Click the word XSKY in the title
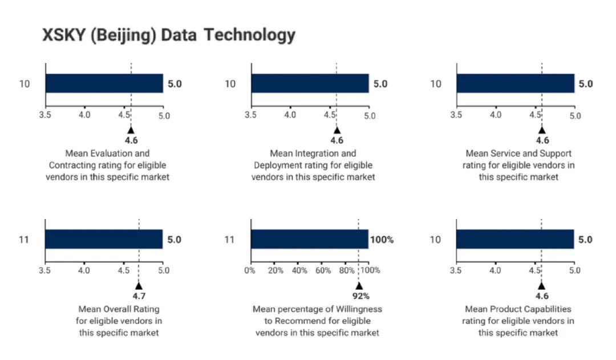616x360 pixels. pos(64,35)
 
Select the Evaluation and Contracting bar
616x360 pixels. pos(104,83)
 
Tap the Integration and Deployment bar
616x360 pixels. pos(310,83)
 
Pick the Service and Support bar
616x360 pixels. pos(516,83)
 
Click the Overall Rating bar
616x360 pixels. pos(104,239)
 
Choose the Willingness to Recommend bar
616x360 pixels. pos(310,239)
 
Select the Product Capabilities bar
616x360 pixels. pos(515,239)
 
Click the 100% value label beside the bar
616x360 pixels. pos(382,240)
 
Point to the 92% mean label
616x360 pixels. pos(360,296)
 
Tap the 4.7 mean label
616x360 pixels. pos(139,296)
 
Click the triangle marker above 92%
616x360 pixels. pos(359,286)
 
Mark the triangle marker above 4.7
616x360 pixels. pos(139,286)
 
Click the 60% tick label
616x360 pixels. pos(323,270)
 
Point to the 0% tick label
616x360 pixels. pos(250,270)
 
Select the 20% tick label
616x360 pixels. pos(275,270)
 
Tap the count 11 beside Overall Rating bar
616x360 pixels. pos(24,240)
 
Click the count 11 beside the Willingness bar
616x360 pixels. pos(229,240)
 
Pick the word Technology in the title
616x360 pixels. pos(249,35)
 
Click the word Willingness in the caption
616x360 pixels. pos(359,309)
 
